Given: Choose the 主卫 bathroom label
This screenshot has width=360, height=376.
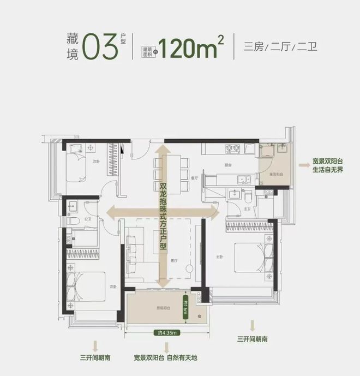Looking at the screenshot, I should point(247,208).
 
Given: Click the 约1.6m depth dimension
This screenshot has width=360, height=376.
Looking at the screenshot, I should point(187,312).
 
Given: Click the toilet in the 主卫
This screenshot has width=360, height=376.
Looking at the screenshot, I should point(248,195).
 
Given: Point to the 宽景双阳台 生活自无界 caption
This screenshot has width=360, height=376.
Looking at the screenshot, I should point(326,165).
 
